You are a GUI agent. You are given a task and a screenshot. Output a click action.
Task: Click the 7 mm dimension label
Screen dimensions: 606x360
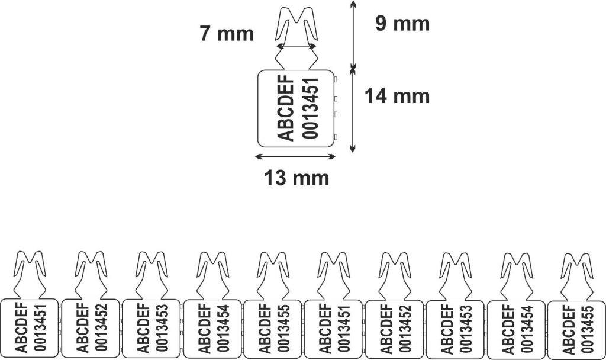pyautogui.click(x=227, y=34)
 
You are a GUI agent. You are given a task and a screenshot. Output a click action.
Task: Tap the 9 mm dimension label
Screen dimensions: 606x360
pyautogui.click(x=402, y=24)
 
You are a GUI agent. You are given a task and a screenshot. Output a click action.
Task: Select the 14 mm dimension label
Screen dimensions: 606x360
pyautogui.click(x=397, y=96)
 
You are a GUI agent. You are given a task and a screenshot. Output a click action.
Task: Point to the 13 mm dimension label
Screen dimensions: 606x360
pyautogui.click(x=297, y=178)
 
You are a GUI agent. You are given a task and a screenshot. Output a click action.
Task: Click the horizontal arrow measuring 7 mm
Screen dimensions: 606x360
pyautogui.click(x=297, y=46)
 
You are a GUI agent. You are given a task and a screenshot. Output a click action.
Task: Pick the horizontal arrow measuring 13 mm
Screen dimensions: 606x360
pyautogui.click(x=296, y=156)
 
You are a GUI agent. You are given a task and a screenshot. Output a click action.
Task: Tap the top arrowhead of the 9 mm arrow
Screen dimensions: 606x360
pyautogui.click(x=352, y=2)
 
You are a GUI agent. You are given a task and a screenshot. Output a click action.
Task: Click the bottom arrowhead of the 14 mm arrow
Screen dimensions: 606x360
pyautogui.click(x=352, y=149)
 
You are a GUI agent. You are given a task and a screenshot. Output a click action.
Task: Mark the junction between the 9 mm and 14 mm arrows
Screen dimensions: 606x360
pyautogui.click(x=352, y=69)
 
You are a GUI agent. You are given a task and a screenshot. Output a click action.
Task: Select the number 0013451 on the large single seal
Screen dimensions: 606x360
pyautogui.click(x=310, y=108)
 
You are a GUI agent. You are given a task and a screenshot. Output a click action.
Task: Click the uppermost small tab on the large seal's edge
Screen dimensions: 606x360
pyautogui.click(x=336, y=79)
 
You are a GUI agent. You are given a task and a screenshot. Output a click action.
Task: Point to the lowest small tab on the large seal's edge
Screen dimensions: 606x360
pyautogui.click(x=336, y=137)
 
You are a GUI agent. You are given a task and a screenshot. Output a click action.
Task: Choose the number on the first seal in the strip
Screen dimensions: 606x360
pyautogui.click(x=41, y=327)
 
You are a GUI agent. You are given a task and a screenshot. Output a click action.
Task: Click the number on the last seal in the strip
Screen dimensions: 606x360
pyautogui.click(x=588, y=329)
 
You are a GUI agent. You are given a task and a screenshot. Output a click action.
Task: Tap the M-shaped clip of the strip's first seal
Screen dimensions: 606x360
pyautogui.click(x=30, y=274)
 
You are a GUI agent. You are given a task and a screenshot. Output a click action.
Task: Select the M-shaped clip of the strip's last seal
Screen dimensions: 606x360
pyautogui.click(x=576, y=276)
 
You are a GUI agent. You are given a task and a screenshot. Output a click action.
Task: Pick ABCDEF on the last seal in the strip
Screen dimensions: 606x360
pyautogui.click(x=569, y=329)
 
